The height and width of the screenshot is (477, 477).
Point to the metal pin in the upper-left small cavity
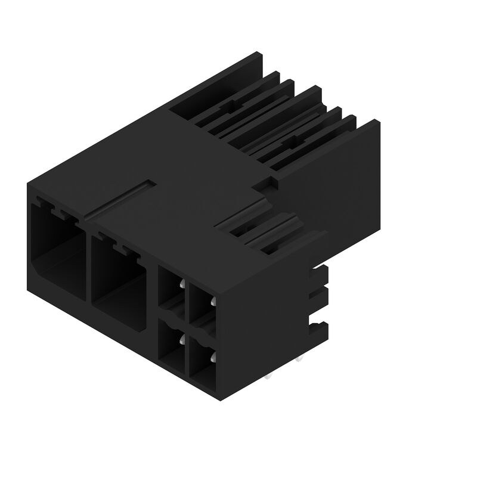(180, 286)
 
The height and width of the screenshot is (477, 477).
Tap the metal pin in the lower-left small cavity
(181, 341)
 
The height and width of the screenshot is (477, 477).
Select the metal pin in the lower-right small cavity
(212, 358)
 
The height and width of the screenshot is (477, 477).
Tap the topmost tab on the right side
(321, 275)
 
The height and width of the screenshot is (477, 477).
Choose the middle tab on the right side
(321, 298)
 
